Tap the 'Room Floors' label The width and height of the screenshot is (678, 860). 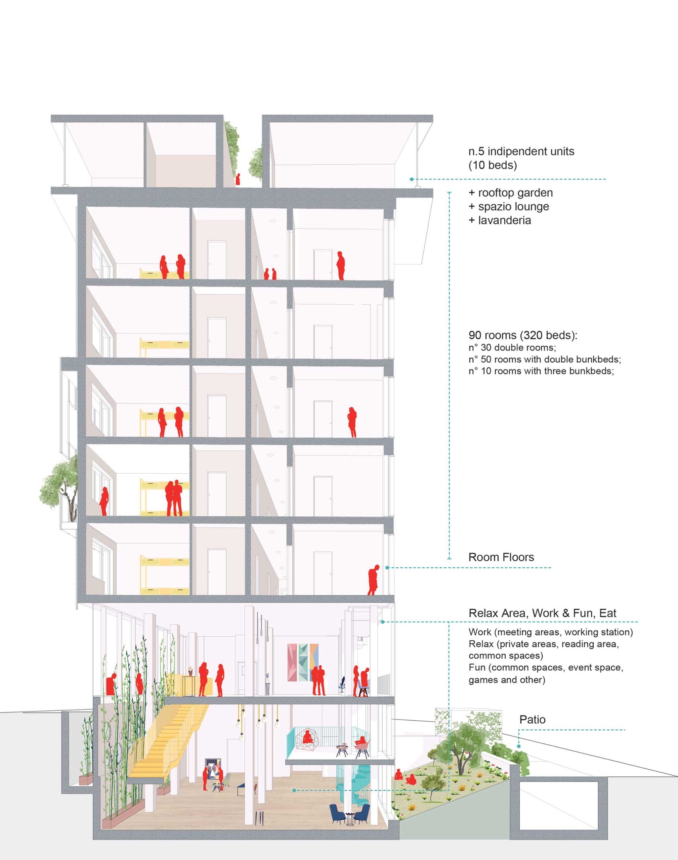pyautogui.click(x=501, y=557)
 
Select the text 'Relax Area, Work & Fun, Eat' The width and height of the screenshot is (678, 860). pyautogui.click(x=543, y=613)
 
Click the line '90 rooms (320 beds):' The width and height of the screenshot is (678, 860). pyautogui.click(x=523, y=335)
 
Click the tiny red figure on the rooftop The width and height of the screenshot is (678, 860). pyautogui.click(x=238, y=179)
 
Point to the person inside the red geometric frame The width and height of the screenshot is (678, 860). pyautogui.click(x=307, y=737)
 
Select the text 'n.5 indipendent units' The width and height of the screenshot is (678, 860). pyautogui.click(x=521, y=151)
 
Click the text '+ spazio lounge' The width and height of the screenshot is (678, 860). pyautogui.click(x=509, y=206)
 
